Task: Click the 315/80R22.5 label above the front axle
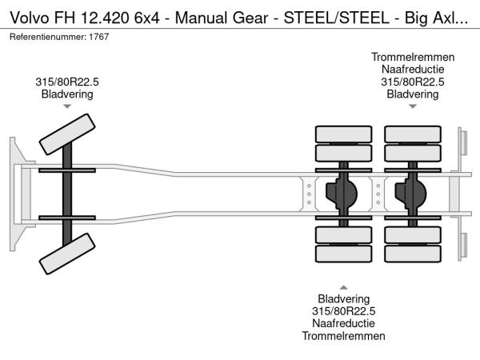(x=67, y=81)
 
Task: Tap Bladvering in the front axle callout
(x=67, y=94)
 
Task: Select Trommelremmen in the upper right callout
(x=412, y=57)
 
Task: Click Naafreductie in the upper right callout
(x=412, y=69)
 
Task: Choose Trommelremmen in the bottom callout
(x=343, y=336)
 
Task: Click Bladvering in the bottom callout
(x=343, y=298)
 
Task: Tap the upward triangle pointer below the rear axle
(x=343, y=286)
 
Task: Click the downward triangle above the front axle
(x=67, y=106)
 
